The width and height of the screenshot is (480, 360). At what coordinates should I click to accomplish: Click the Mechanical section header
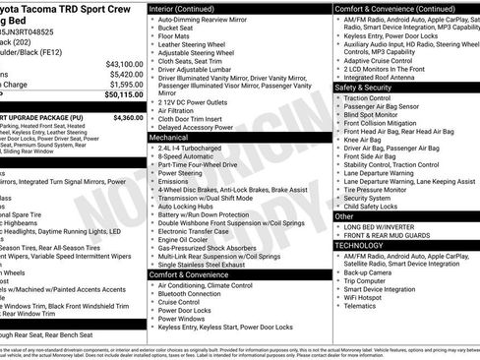pyautogui.click(x=168, y=139)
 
